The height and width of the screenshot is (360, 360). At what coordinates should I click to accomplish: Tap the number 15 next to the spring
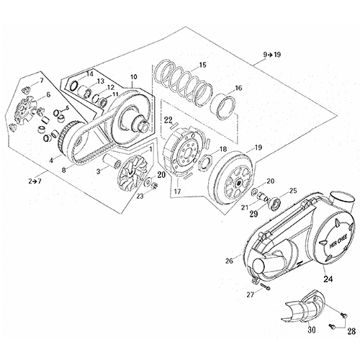coord(203,66)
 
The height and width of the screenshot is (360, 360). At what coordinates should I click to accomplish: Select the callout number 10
coord(132,76)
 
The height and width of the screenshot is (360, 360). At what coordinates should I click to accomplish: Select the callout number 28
coord(351,331)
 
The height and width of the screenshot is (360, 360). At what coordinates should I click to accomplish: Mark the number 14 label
coord(89,73)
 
